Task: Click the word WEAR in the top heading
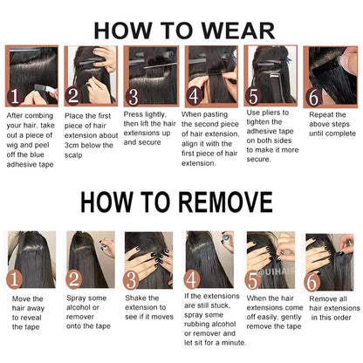pyautogui.click(x=238, y=31)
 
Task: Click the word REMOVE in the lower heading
pyautogui.click(x=225, y=202)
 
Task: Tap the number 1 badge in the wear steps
pyautogui.click(x=15, y=96)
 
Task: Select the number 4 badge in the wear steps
pyautogui.click(x=195, y=96)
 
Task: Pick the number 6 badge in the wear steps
pyautogui.click(x=314, y=97)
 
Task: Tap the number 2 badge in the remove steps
pyautogui.click(x=74, y=279)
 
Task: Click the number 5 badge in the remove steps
pyautogui.click(x=253, y=281)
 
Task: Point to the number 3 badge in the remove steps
pyautogui.click(x=131, y=280)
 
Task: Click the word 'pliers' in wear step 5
pyautogui.click(x=271, y=113)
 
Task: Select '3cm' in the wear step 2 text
pyautogui.click(x=72, y=145)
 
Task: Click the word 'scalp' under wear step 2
pyautogui.click(x=73, y=155)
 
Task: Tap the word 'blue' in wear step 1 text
pyautogui.click(x=37, y=154)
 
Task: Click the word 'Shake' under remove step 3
pyautogui.click(x=135, y=298)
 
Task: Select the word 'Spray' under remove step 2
pyautogui.click(x=76, y=298)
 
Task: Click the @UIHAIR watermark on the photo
pyautogui.click(x=276, y=272)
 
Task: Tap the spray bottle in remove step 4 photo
pyautogui.click(x=227, y=239)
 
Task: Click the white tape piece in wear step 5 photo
pyautogui.click(x=275, y=76)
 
